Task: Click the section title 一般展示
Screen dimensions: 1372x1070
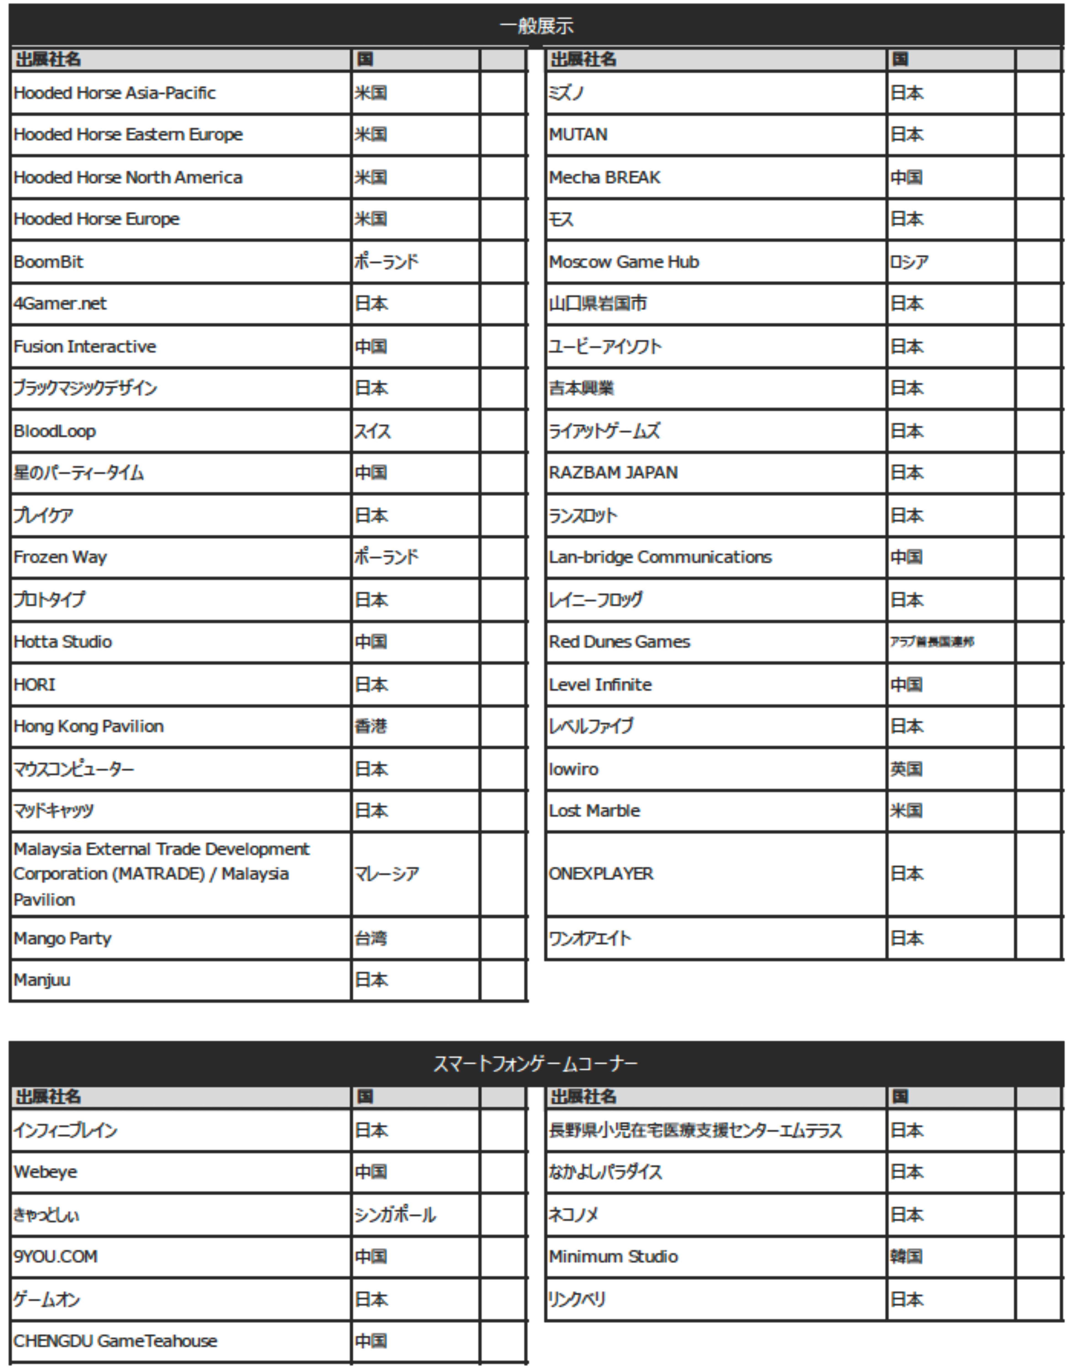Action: click(536, 26)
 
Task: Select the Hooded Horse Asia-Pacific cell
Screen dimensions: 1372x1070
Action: click(114, 93)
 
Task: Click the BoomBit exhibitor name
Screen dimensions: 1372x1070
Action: click(48, 261)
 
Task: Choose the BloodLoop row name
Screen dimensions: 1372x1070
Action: click(55, 431)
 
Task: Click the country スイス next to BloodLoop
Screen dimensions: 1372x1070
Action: click(372, 431)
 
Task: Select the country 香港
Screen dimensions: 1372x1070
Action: click(371, 726)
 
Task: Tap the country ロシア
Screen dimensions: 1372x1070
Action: click(909, 261)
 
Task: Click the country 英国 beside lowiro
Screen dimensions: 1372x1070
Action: click(906, 769)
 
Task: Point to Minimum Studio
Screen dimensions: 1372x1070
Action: click(613, 1256)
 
